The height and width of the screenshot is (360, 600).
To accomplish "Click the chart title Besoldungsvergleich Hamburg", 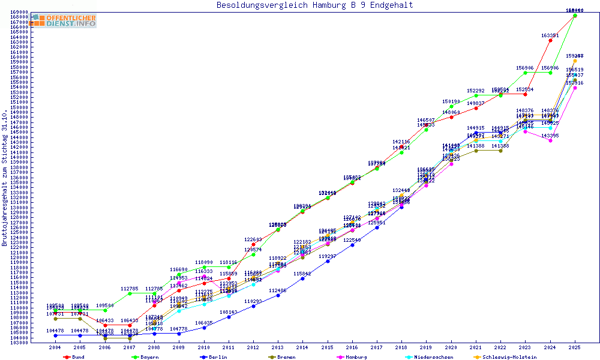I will point(314,5).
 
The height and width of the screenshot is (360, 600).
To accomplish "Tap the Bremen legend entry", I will point(286,357).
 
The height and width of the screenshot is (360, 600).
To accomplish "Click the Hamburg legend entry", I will point(356,357).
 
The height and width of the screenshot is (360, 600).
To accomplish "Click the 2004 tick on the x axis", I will point(55,347).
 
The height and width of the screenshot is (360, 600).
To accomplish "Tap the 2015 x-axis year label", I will point(327,347).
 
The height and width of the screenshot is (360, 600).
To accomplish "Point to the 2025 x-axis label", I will point(575,347).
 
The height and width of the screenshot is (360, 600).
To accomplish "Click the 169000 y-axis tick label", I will point(19,12).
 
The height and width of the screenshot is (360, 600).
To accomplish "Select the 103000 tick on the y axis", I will point(19,343).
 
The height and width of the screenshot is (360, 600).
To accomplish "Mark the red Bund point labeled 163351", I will point(550,40).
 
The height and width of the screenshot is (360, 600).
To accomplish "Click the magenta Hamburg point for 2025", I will point(575,88).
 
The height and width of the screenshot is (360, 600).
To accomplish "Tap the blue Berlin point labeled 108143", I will point(229,317).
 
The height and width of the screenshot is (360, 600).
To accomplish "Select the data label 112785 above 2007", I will point(130,289).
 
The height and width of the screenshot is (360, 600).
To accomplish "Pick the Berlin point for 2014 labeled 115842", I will point(302,278).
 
